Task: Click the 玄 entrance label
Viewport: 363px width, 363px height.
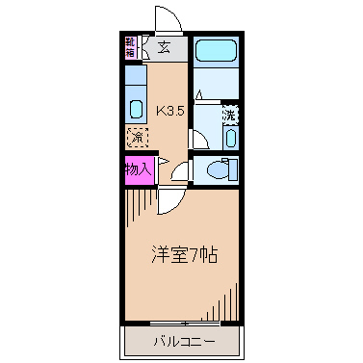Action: (x=165, y=45)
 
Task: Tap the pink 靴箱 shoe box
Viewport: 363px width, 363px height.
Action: (x=131, y=46)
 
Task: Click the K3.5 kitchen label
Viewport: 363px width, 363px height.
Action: (x=170, y=111)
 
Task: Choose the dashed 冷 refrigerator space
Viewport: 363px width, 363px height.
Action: (x=136, y=137)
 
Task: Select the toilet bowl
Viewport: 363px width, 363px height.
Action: (x=217, y=169)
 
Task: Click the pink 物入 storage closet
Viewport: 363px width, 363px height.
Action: (x=138, y=169)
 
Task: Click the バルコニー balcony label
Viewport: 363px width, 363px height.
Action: (x=181, y=341)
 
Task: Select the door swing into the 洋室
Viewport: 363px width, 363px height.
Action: (x=171, y=197)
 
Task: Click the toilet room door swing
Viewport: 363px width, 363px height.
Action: (x=180, y=170)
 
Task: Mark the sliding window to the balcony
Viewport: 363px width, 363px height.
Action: (x=181, y=322)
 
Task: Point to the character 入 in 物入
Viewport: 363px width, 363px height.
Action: (x=145, y=169)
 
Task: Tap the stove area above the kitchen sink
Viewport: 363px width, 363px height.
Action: (x=135, y=77)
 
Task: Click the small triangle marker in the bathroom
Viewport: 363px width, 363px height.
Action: (x=199, y=95)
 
